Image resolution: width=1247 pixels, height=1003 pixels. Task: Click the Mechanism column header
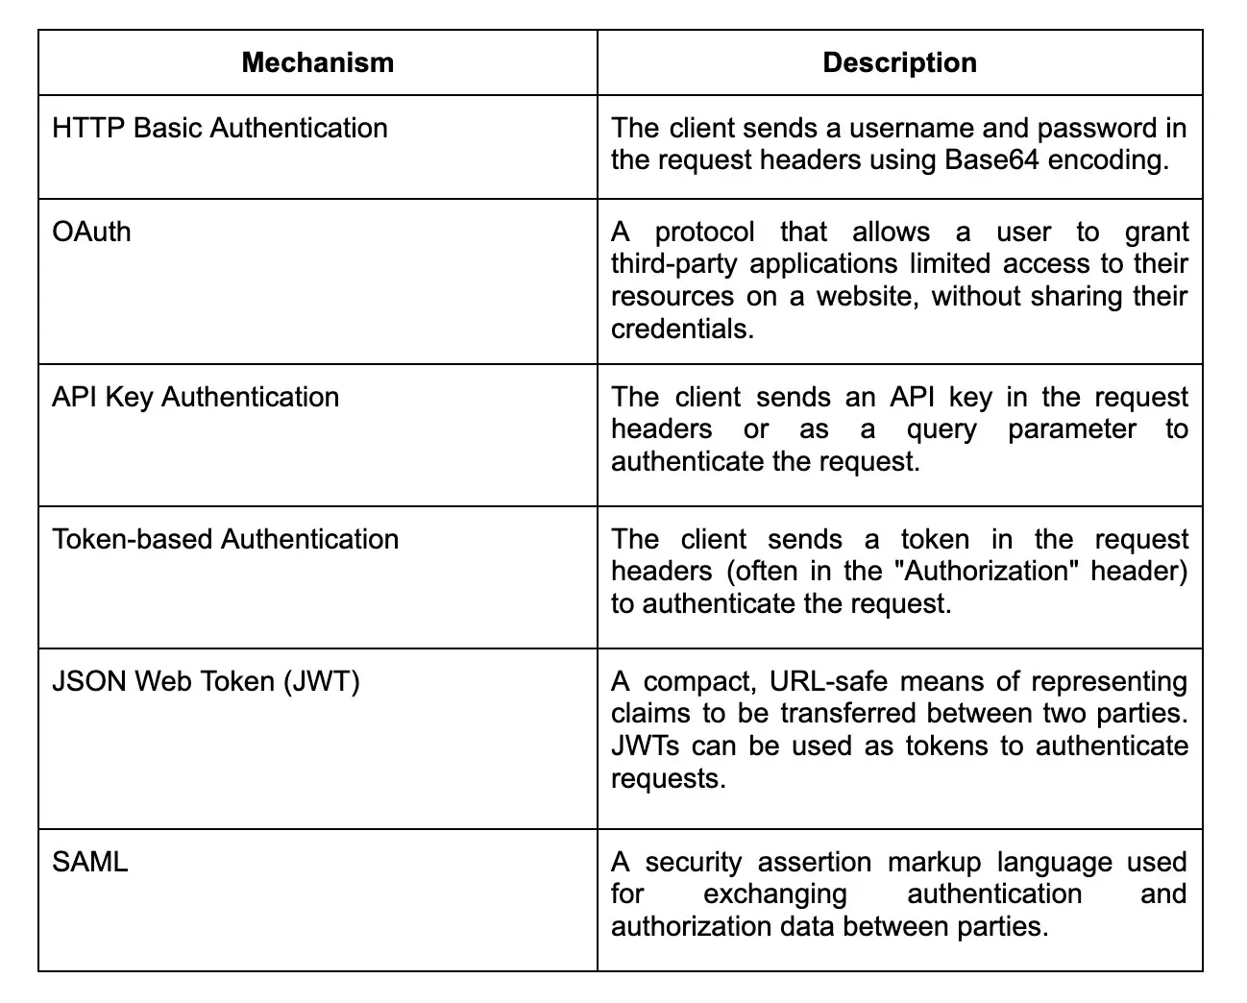pyautogui.click(x=317, y=63)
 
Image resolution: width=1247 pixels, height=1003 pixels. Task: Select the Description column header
pyautogui.click(x=899, y=63)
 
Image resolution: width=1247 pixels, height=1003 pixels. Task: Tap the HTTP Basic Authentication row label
pyautogui.click(x=220, y=129)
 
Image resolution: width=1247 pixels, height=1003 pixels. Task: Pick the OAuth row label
pyautogui.click(x=91, y=232)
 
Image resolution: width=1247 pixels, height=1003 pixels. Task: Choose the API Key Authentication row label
pyautogui.click(x=195, y=398)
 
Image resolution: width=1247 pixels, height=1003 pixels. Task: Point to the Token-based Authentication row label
pyautogui.click(x=225, y=539)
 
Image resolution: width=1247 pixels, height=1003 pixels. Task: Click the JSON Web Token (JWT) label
pyautogui.click(x=206, y=682)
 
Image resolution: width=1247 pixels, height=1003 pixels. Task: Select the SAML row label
pyautogui.click(x=89, y=862)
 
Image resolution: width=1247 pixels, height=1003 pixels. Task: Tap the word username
pyautogui.click(x=881, y=129)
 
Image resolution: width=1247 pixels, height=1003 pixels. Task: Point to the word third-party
pyautogui.click(x=676, y=265)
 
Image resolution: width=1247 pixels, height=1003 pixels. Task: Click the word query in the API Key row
pyautogui.click(x=941, y=429)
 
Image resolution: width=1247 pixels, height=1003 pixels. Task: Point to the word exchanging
pyautogui.click(x=775, y=894)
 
